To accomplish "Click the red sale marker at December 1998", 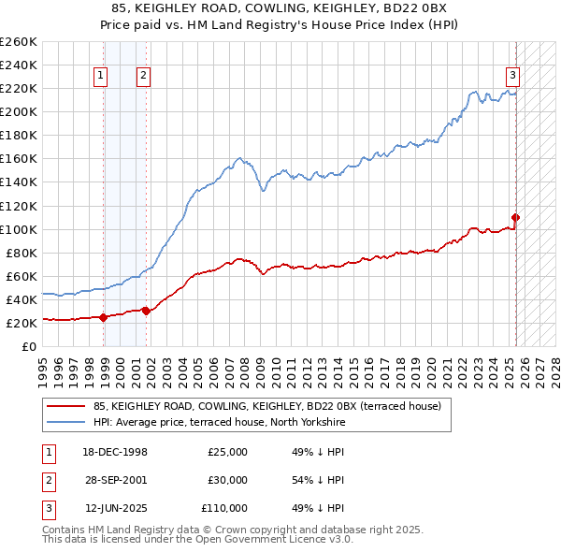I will pyautogui.click(x=103, y=316).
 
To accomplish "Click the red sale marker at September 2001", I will pyautogui.click(x=146, y=311).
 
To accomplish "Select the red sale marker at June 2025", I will pyautogui.click(x=515, y=217).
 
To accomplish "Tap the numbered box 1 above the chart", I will pyautogui.click(x=100, y=77).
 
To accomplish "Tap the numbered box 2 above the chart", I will pyautogui.click(x=143, y=77).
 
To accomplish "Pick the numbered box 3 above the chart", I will pyautogui.click(x=513, y=77).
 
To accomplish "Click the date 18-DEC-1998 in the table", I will pyautogui.click(x=115, y=452).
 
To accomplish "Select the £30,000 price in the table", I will pyautogui.click(x=227, y=480).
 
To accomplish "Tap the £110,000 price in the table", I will pyautogui.click(x=224, y=508).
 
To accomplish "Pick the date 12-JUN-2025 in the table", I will pyautogui.click(x=115, y=508).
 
